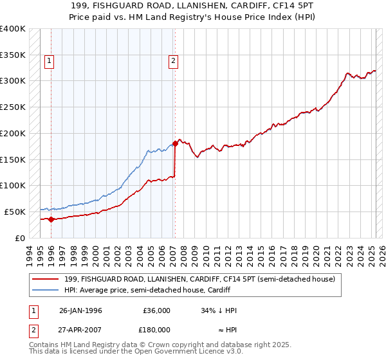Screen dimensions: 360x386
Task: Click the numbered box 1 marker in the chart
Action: tap(49, 62)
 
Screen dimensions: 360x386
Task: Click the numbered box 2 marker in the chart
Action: tap(173, 62)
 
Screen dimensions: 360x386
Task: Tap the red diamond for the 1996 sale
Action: tap(51, 219)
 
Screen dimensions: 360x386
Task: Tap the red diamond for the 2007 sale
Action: tap(175, 144)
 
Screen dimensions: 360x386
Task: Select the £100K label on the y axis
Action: tap(13, 185)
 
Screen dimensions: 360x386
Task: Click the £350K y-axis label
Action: tap(13, 55)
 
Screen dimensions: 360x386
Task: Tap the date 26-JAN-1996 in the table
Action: tap(80, 310)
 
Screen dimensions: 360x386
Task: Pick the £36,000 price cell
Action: tap(156, 310)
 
